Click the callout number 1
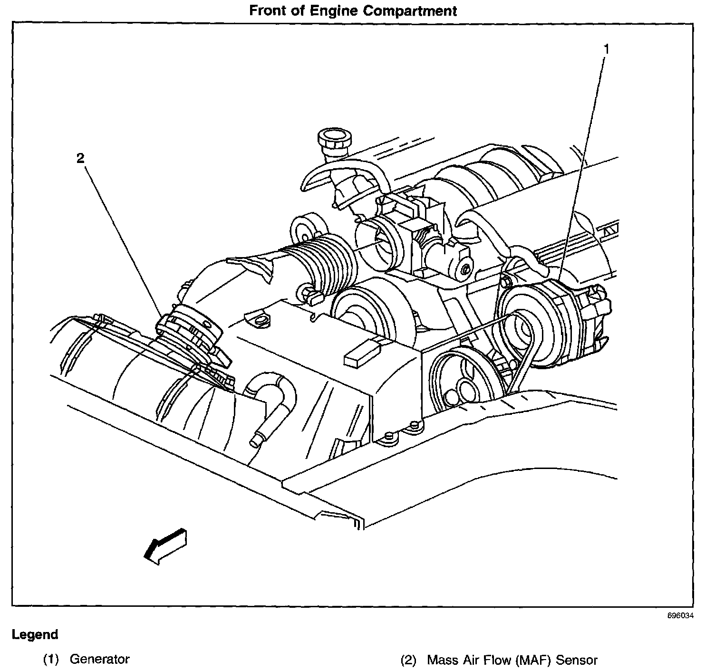[x=606, y=48]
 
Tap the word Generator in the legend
[x=99, y=659]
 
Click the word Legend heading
[x=35, y=634]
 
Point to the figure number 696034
[x=680, y=615]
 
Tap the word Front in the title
[x=269, y=11]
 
